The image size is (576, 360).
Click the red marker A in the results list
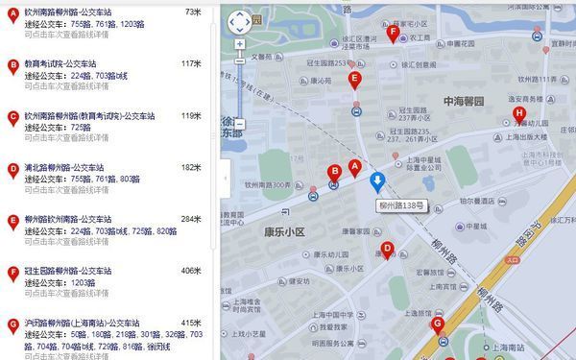12,13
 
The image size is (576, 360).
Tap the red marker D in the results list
12,169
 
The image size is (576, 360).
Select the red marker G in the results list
12,324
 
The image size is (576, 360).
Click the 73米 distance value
192,12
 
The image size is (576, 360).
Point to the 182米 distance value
190,167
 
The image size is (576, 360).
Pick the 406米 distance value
190,271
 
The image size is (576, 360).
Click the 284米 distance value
190,219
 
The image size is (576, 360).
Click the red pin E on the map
355,80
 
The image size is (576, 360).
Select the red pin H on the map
519,115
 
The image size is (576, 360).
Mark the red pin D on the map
387,250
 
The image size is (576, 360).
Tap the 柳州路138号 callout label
397,205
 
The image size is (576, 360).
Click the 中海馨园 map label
465,101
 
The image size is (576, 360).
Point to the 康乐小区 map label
285,232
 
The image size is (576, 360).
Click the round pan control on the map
239,21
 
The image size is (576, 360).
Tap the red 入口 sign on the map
512,259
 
